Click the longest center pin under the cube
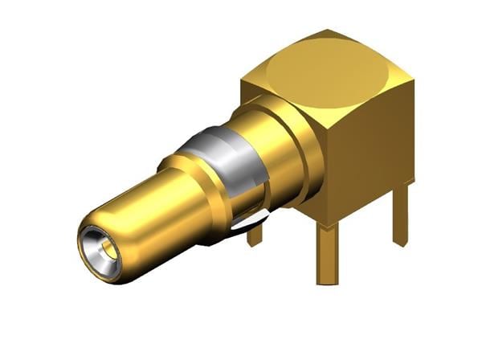click(327, 253)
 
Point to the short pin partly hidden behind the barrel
click(255, 235)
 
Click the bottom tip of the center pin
click(327, 281)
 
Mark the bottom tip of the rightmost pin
click(400, 241)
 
